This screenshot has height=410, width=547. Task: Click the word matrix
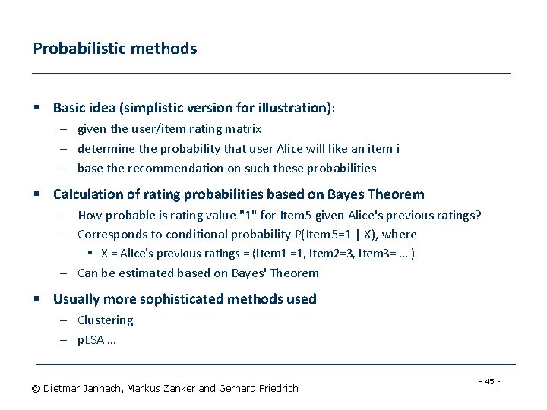(243, 129)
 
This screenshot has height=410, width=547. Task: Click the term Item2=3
(330, 254)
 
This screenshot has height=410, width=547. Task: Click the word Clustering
(106, 320)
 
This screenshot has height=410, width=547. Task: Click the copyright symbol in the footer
(35, 389)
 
